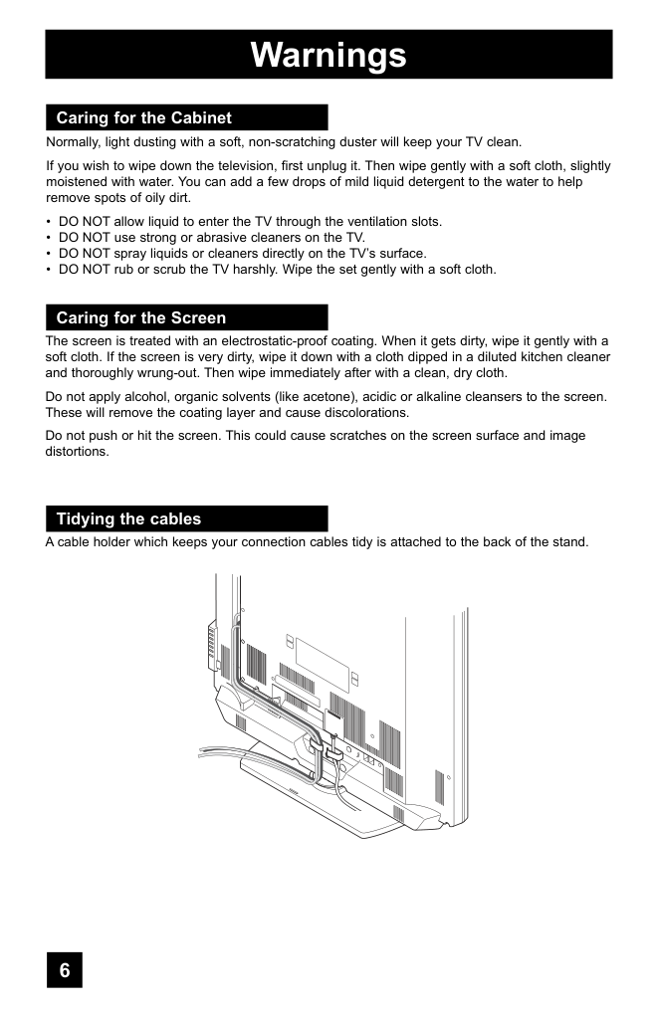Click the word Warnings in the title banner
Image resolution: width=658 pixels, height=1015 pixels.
329,55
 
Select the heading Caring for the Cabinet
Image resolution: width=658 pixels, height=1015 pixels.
143,118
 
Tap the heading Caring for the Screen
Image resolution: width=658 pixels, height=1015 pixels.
140,318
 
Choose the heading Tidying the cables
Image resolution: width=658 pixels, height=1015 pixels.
128,519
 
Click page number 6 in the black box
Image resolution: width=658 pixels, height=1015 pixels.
65,970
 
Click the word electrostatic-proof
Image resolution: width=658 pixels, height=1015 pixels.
272,340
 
